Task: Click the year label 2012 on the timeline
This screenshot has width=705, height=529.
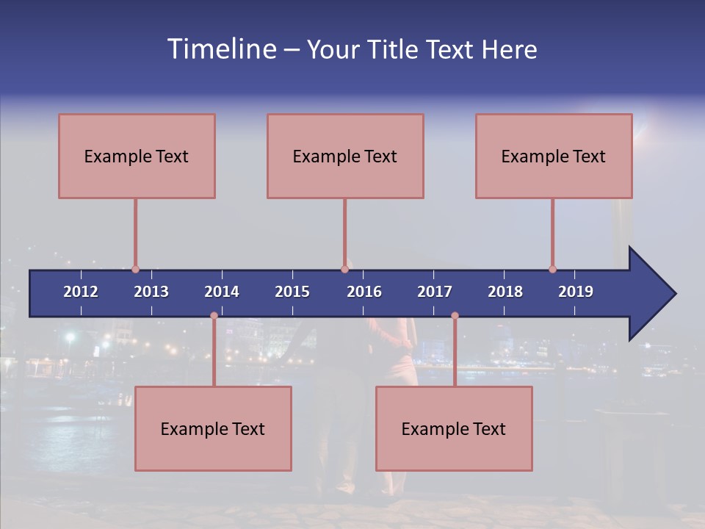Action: pyautogui.click(x=81, y=292)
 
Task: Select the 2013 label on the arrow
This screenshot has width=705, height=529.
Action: pyautogui.click(x=151, y=292)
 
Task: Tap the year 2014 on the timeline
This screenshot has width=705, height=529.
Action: pyautogui.click(x=222, y=292)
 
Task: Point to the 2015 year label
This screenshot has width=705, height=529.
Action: pyautogui.click(x=292, y=292)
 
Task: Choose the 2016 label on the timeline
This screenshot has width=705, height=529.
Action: pyautogui.click(x=364, y=292)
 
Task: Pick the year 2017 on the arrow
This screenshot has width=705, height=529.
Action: pyautogui.click(x=435, y=292)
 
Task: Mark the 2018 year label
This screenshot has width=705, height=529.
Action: pyautogui.click(x=505, y=292)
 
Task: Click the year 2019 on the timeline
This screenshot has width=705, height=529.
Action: pyautogui.click(x=576, y=292)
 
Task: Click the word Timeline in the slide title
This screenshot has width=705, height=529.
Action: pyautogui.click(x=221, y=49)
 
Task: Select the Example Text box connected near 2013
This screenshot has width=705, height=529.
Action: pyautogui.click(x=137, y=156)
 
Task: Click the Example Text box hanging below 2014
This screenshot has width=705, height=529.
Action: pyautogui.click(x=213, y=428)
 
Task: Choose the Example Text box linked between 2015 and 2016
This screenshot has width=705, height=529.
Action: pyautogui.click(x=345, y=156)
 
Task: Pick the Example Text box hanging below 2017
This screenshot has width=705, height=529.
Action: pyautogui.click(x=454, y=428)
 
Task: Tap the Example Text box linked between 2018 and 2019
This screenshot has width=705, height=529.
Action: pyautogui.click(x=554, y=156)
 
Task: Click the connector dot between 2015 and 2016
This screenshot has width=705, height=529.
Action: pyautogui.click(x=344, y=269)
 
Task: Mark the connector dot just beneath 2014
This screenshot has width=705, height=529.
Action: pyautogui.click(x=214, y=316)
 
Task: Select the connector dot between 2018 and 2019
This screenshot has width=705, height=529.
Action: pyautogui.click(x=552, y=269)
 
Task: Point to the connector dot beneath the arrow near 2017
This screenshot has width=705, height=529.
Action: pyautogui.click(x=455, y=316)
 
